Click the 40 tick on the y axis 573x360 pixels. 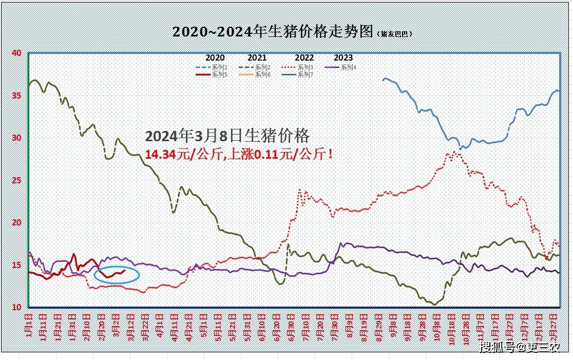[16, 53]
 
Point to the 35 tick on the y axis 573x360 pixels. [16, 96]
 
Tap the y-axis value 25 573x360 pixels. [16, 180]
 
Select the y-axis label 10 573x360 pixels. [16, 307]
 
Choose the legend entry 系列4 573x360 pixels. [349, 67]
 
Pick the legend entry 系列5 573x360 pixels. [219, 74]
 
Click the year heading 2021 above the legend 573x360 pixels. [257, 58]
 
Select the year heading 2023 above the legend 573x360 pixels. [343, 58]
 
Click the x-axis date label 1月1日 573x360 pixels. [29, 325]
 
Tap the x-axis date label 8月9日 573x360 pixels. [350, 325]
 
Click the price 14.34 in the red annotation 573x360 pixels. [159, 154]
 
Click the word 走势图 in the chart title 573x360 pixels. [355, 31]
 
